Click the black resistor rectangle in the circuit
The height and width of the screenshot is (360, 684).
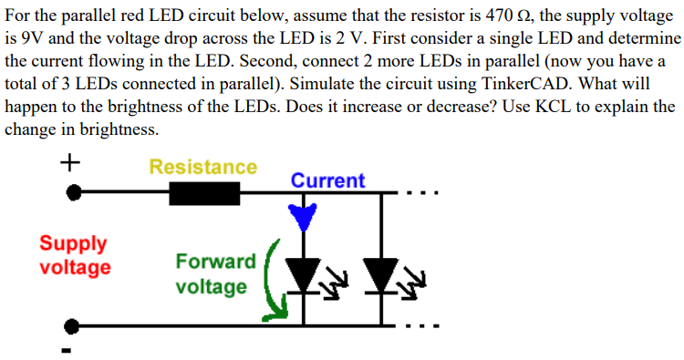click(204, 193)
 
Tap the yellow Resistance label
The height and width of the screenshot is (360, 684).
click(202, 167)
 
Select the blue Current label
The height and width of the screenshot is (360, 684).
click(327, 180)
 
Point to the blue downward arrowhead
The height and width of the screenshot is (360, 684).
click(302, 217)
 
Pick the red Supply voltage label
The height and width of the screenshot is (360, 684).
click(74, 255)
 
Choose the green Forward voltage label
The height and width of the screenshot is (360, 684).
click(215, 274)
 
